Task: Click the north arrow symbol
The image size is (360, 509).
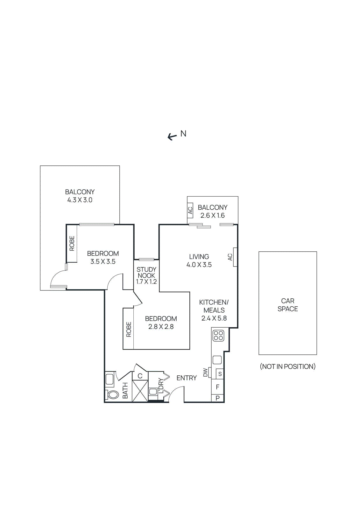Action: pyautogui.click(x=172, y=137)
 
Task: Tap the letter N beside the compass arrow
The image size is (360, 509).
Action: pyautogui.click(x=183, y=134)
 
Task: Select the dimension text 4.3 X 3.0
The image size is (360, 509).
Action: pyautogui.click(x=80, y=200)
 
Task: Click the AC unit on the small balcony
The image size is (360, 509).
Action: pyautogui.click(x=190, y=211)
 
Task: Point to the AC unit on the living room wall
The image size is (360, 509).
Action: pyautogui.click(x=235, y=257)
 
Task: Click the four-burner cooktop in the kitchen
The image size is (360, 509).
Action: pyautogui.click(x=218, y=336)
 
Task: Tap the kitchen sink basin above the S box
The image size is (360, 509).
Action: pyautogui.click(x=217, y=360)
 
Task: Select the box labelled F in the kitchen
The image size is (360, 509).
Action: pyautogui.click(x=218, y=387)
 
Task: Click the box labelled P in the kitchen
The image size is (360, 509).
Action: pyautogui.click(x=218, y=398)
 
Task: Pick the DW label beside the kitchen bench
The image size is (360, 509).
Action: pyautogui.click(x=205, y=373)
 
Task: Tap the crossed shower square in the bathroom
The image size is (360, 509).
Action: pyautogui.click(x=140, y=391)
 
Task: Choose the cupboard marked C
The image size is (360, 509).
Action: pyautogui.click(x=140, y=376)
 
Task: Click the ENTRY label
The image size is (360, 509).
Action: pyautogui.click(x=187, y=378)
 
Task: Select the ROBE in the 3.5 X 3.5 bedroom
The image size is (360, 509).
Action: pyautogui.click(x=72, y=243)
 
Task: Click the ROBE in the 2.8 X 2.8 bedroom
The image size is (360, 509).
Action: pyautogui.click(x=129, y=329)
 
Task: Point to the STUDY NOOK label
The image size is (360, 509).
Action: pyautogui.click(x=146, y=273)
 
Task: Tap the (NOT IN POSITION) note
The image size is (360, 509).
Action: pyautogui.click(x=288, y=366)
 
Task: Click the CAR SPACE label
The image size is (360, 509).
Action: pyautogui.click(x=288, y=305)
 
